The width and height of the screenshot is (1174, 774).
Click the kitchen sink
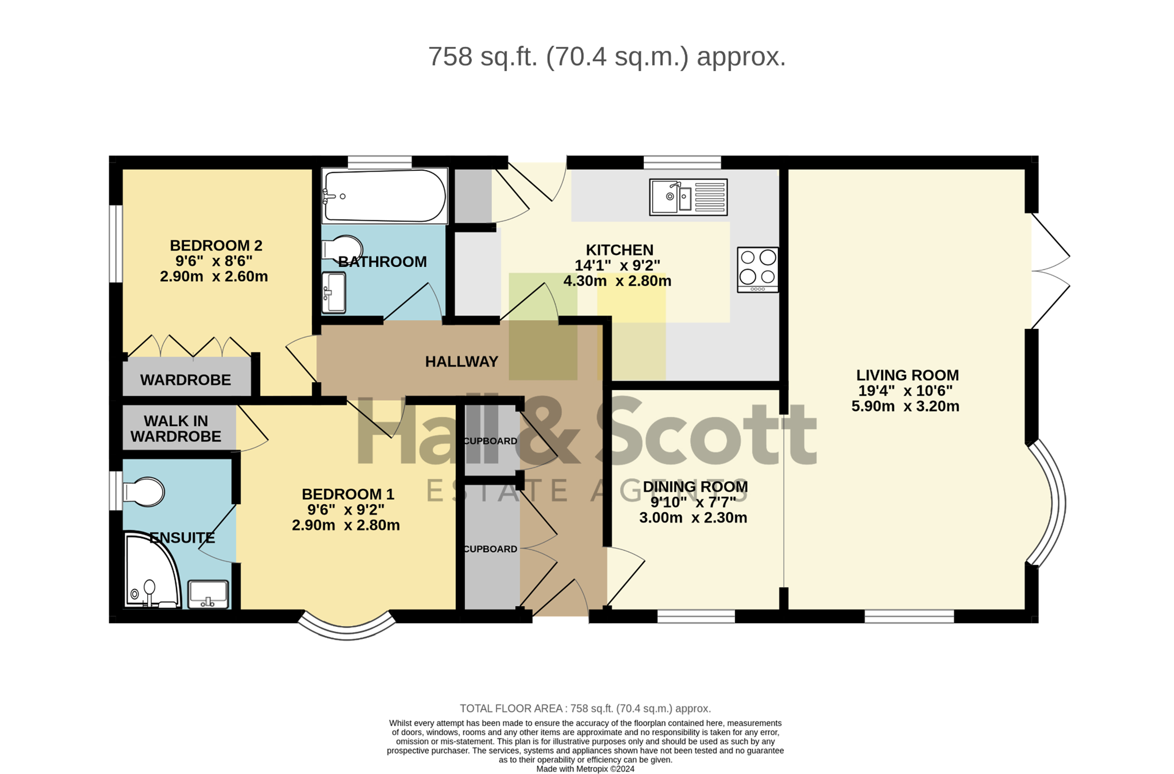coord(688,197)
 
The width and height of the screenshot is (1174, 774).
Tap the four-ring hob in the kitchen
coord(757,270)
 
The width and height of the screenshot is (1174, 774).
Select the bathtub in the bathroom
coord(385,196)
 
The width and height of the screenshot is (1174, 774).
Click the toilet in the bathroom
coord(342,249)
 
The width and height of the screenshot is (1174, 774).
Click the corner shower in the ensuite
coord(152,570)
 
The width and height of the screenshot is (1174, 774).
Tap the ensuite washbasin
coord(208,594)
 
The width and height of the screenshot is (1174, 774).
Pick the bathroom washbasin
coord(334,293)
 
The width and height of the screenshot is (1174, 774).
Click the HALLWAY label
coord(462,362)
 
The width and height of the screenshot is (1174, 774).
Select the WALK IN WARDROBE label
coord(176,429)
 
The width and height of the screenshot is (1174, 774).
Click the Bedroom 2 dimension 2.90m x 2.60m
coord(214,277)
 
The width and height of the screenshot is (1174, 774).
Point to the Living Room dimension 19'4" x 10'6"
coord(906,391)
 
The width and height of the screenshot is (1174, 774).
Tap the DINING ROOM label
coord(695,487)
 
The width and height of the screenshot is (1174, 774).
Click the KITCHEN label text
coord(620,250)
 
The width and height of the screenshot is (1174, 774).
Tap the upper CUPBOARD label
coord(490,441)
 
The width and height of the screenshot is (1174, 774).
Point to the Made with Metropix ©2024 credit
coord(585,769)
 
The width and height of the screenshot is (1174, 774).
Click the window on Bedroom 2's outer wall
coord(116,244)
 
